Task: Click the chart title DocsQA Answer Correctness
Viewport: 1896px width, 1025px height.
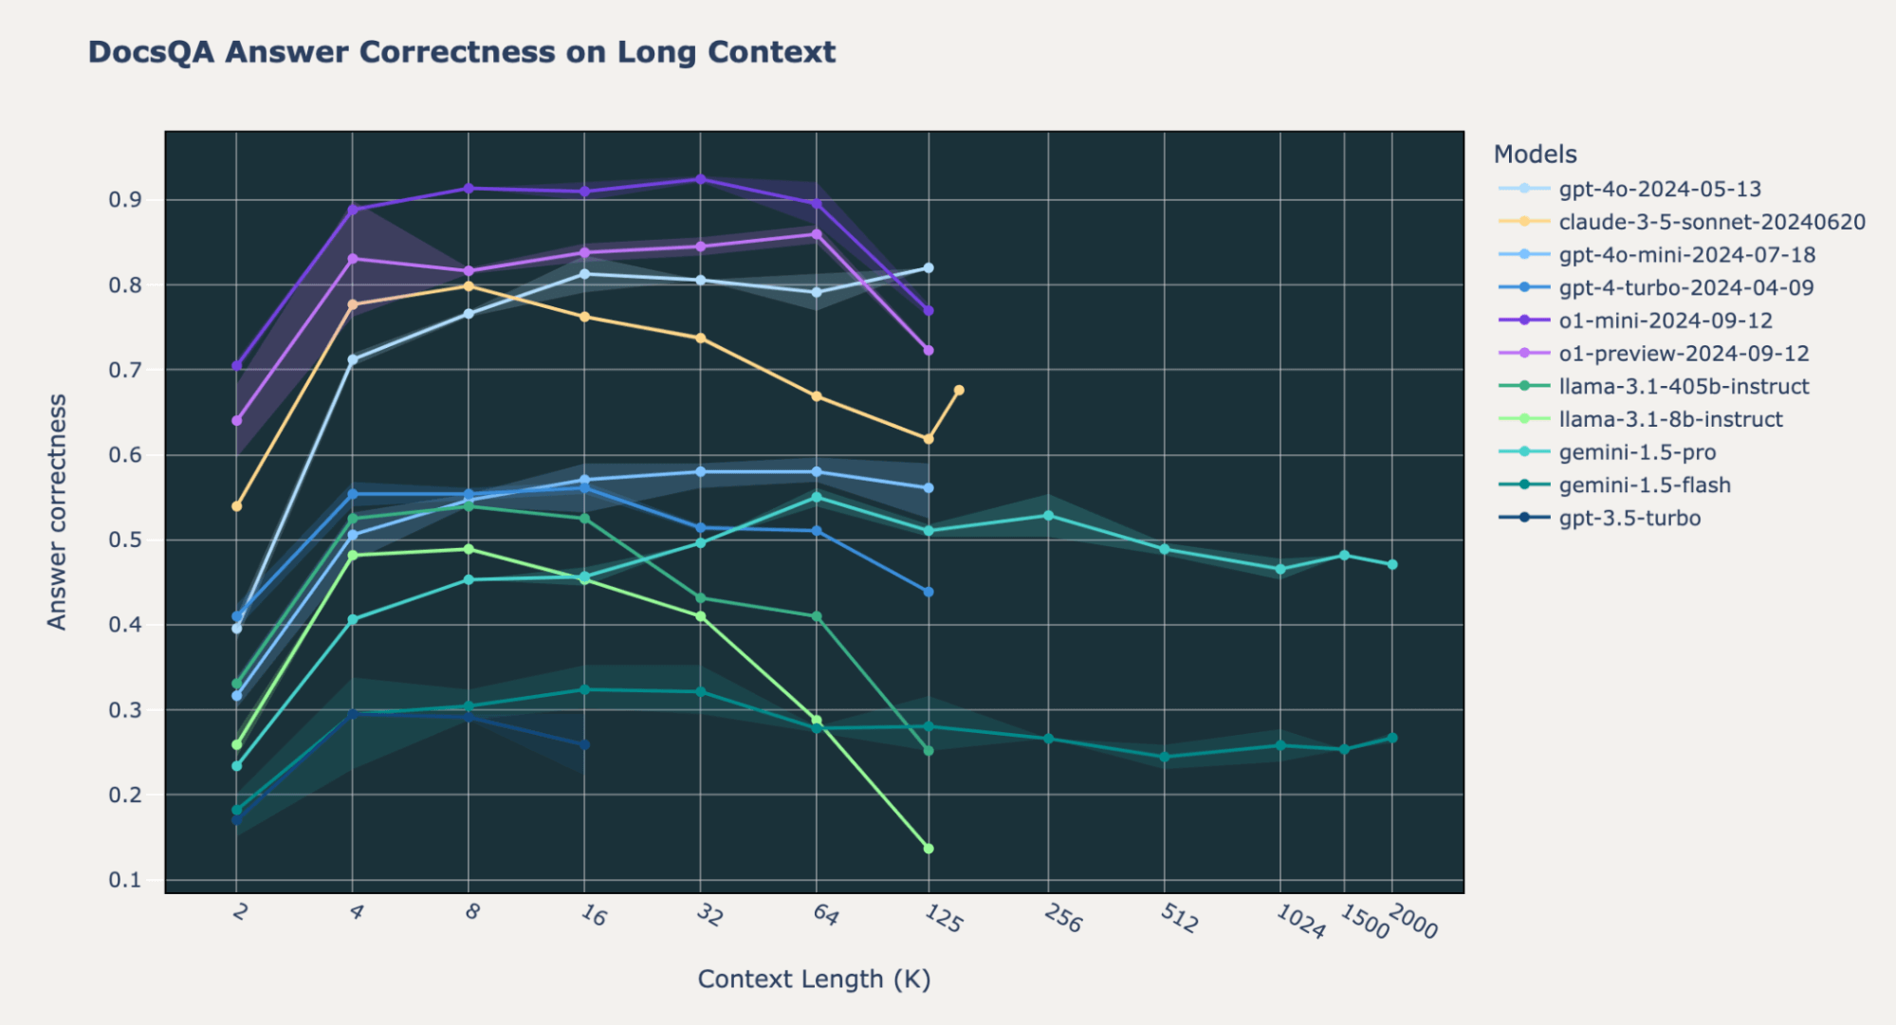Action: (x=461, y=51)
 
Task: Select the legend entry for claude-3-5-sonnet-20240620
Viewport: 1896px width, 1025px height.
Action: (x=1711, y=222)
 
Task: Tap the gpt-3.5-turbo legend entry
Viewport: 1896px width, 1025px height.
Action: (x=1629, y=518)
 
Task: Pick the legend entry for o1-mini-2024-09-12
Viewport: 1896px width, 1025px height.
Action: (x=1665, y=320)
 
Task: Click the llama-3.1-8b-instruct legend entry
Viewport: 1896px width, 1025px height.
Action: (x=1669, y=419)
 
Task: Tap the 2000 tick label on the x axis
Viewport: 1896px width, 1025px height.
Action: (x=1412, y=921)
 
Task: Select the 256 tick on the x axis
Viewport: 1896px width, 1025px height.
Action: (x=1063, y=917)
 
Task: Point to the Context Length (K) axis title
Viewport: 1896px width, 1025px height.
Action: (x=814, y=979)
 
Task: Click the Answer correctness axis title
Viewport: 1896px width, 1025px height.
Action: (x=58, y=512)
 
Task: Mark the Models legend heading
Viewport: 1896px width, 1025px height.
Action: (x=1535, y=155)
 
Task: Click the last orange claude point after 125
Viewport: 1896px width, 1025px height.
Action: (x=959, y=391)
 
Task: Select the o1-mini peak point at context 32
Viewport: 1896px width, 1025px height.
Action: (x=701, y=179)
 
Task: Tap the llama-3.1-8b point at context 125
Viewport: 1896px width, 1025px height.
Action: (x=929, y=849)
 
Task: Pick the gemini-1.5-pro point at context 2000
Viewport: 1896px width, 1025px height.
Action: (x=1392, y=565)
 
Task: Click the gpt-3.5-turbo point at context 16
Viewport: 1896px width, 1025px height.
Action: (x=584, y=744)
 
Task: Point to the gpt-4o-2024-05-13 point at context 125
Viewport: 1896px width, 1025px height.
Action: (x=929, y=268)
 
